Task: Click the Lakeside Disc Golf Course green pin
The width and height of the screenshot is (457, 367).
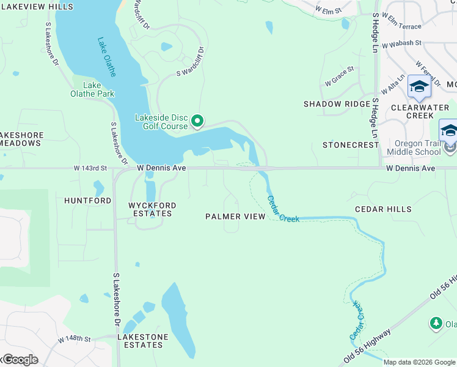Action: coord(197,122)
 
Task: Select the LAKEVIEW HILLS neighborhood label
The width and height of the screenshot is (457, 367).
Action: coord(37,7)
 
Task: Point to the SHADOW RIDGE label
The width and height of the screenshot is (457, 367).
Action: coord(337,104)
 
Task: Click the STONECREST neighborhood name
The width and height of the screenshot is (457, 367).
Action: coord(351,145)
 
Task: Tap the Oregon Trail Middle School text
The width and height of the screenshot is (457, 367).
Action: coord(414,147)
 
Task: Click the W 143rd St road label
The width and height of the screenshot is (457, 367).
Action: coord(90,168)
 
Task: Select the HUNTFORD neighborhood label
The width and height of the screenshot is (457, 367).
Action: coord(88,201)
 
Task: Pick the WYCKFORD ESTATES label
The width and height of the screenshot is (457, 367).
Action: coord(150,210)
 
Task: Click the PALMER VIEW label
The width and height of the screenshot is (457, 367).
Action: coord(235,217)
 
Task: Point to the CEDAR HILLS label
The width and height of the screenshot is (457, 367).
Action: coord(383,209)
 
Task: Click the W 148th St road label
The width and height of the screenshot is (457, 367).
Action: coord(75,339)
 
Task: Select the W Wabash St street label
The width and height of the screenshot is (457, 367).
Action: coord(401,43)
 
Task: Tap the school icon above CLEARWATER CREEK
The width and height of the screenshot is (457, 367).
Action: coord(419,87)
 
